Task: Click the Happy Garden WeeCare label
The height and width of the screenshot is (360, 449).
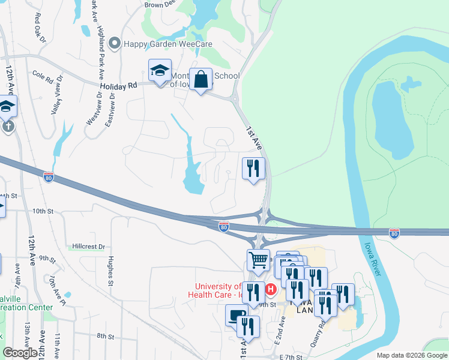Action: click(167, 44)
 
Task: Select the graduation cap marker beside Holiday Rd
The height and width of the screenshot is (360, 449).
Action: click(160, 71)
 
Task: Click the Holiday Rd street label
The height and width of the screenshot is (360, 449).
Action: click(119, 86)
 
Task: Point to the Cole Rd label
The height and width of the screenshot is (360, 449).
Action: click(43, 77)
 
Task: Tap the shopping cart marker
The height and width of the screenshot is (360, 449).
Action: click(258, 261)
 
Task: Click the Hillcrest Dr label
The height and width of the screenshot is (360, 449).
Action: click(88, 247)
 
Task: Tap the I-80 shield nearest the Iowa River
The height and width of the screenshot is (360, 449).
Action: click(394, 232)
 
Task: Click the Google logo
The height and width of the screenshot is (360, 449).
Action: click(20, 353)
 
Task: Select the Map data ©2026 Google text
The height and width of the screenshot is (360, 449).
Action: click(411, 355)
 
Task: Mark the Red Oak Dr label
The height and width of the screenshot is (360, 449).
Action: click(40, 28)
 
